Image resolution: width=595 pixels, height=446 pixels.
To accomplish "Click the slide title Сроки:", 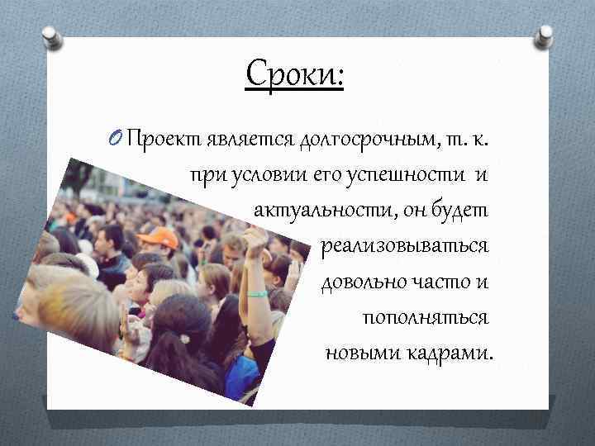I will pos(295,76).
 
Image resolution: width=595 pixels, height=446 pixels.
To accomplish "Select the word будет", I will pos(463,211).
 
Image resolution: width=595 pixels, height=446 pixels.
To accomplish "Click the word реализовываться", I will pos(404,247).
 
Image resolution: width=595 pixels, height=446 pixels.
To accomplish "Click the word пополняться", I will pos(426,318).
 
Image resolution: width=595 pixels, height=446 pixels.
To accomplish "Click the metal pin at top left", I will pos(52,37).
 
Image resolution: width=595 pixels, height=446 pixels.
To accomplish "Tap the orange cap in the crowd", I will pos(158,238).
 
